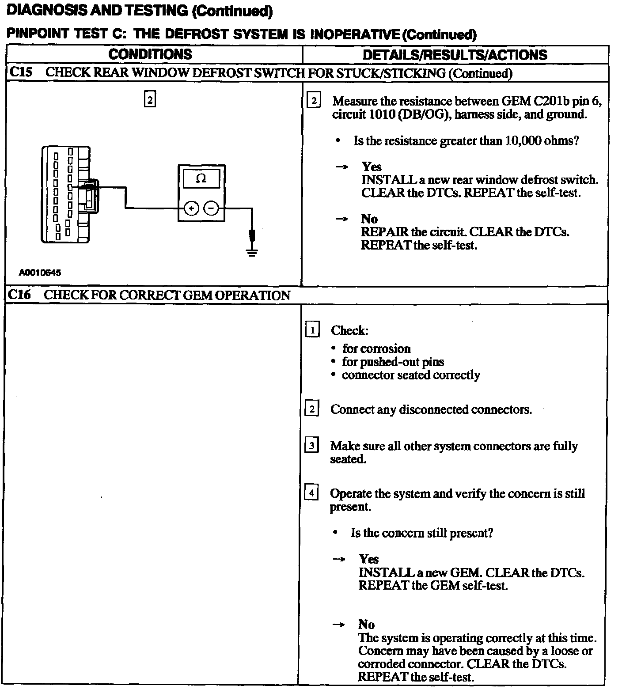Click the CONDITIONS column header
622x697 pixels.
[x=150, y=54]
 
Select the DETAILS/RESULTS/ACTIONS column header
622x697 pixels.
[x=455, y=55]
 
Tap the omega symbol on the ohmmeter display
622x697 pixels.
[x=201, y=179]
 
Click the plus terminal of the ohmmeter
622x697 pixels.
[x=191, y=208]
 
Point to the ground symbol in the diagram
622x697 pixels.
[x=252, y=253]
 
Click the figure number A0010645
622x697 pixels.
[x=40, y=273]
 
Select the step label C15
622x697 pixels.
[x=20, y=72]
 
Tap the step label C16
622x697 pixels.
[x=20, y=295]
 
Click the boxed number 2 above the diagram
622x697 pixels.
[x=150, y=100]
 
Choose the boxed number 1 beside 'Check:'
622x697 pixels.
[x=312, y=330]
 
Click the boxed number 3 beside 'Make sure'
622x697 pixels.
[x=311, y=445]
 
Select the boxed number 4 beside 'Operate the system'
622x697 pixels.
[x=311, y=492]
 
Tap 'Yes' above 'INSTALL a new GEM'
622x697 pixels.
[x=368, y=559]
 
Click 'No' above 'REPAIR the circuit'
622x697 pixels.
[x=369, y=219]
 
